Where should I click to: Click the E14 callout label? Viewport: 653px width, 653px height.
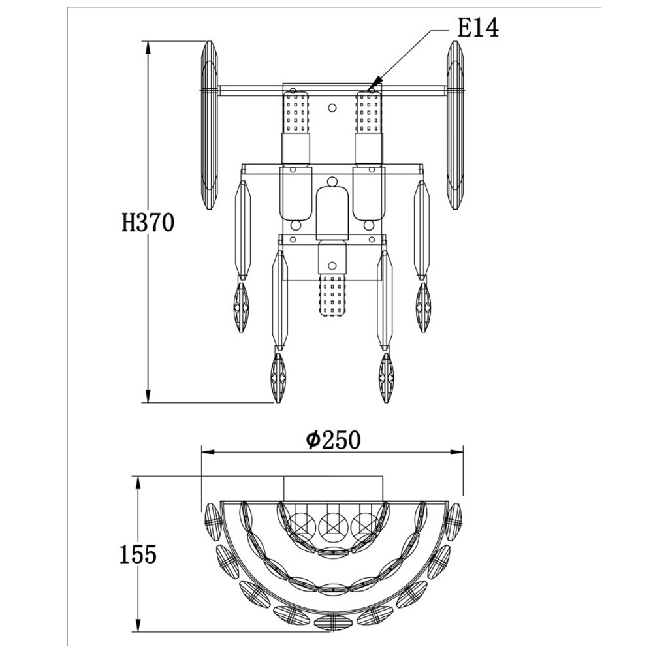[x=478, y=29]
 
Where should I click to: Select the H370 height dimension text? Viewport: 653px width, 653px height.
[x=148, y=223]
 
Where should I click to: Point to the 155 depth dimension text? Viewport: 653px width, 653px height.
[x=138, y=554]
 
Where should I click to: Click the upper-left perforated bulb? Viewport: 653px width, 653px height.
[x=296, y=112]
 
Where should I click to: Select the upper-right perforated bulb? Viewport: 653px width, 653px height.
[x=368, y=112]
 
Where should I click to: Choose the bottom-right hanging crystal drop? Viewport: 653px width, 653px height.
[x=386, y=379]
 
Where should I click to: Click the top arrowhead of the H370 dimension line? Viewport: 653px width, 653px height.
[x=148, y=47]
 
